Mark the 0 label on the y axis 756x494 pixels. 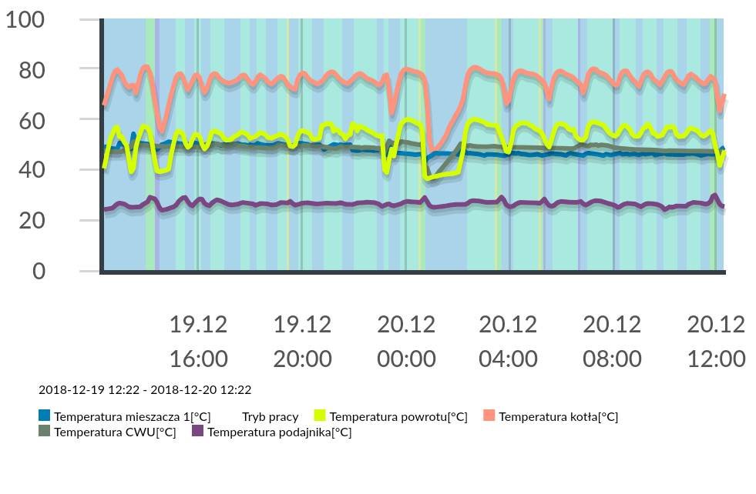(39, 271)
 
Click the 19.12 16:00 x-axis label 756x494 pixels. (198, 341)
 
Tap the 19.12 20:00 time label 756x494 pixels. (302, 341)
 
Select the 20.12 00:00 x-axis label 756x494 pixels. (406, 341)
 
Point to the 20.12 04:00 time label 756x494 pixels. (509, 341)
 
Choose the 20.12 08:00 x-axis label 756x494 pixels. (612, 341)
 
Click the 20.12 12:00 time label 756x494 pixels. (716, 341)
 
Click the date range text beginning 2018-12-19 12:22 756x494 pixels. (145, 390)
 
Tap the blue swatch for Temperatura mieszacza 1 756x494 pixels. (45, 416)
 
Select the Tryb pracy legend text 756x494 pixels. (270, 416)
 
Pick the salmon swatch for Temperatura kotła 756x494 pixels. (489, 416)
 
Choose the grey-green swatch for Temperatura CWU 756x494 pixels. (45, 431)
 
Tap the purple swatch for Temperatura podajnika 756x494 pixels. (198, 431)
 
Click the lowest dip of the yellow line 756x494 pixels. (428, 178)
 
